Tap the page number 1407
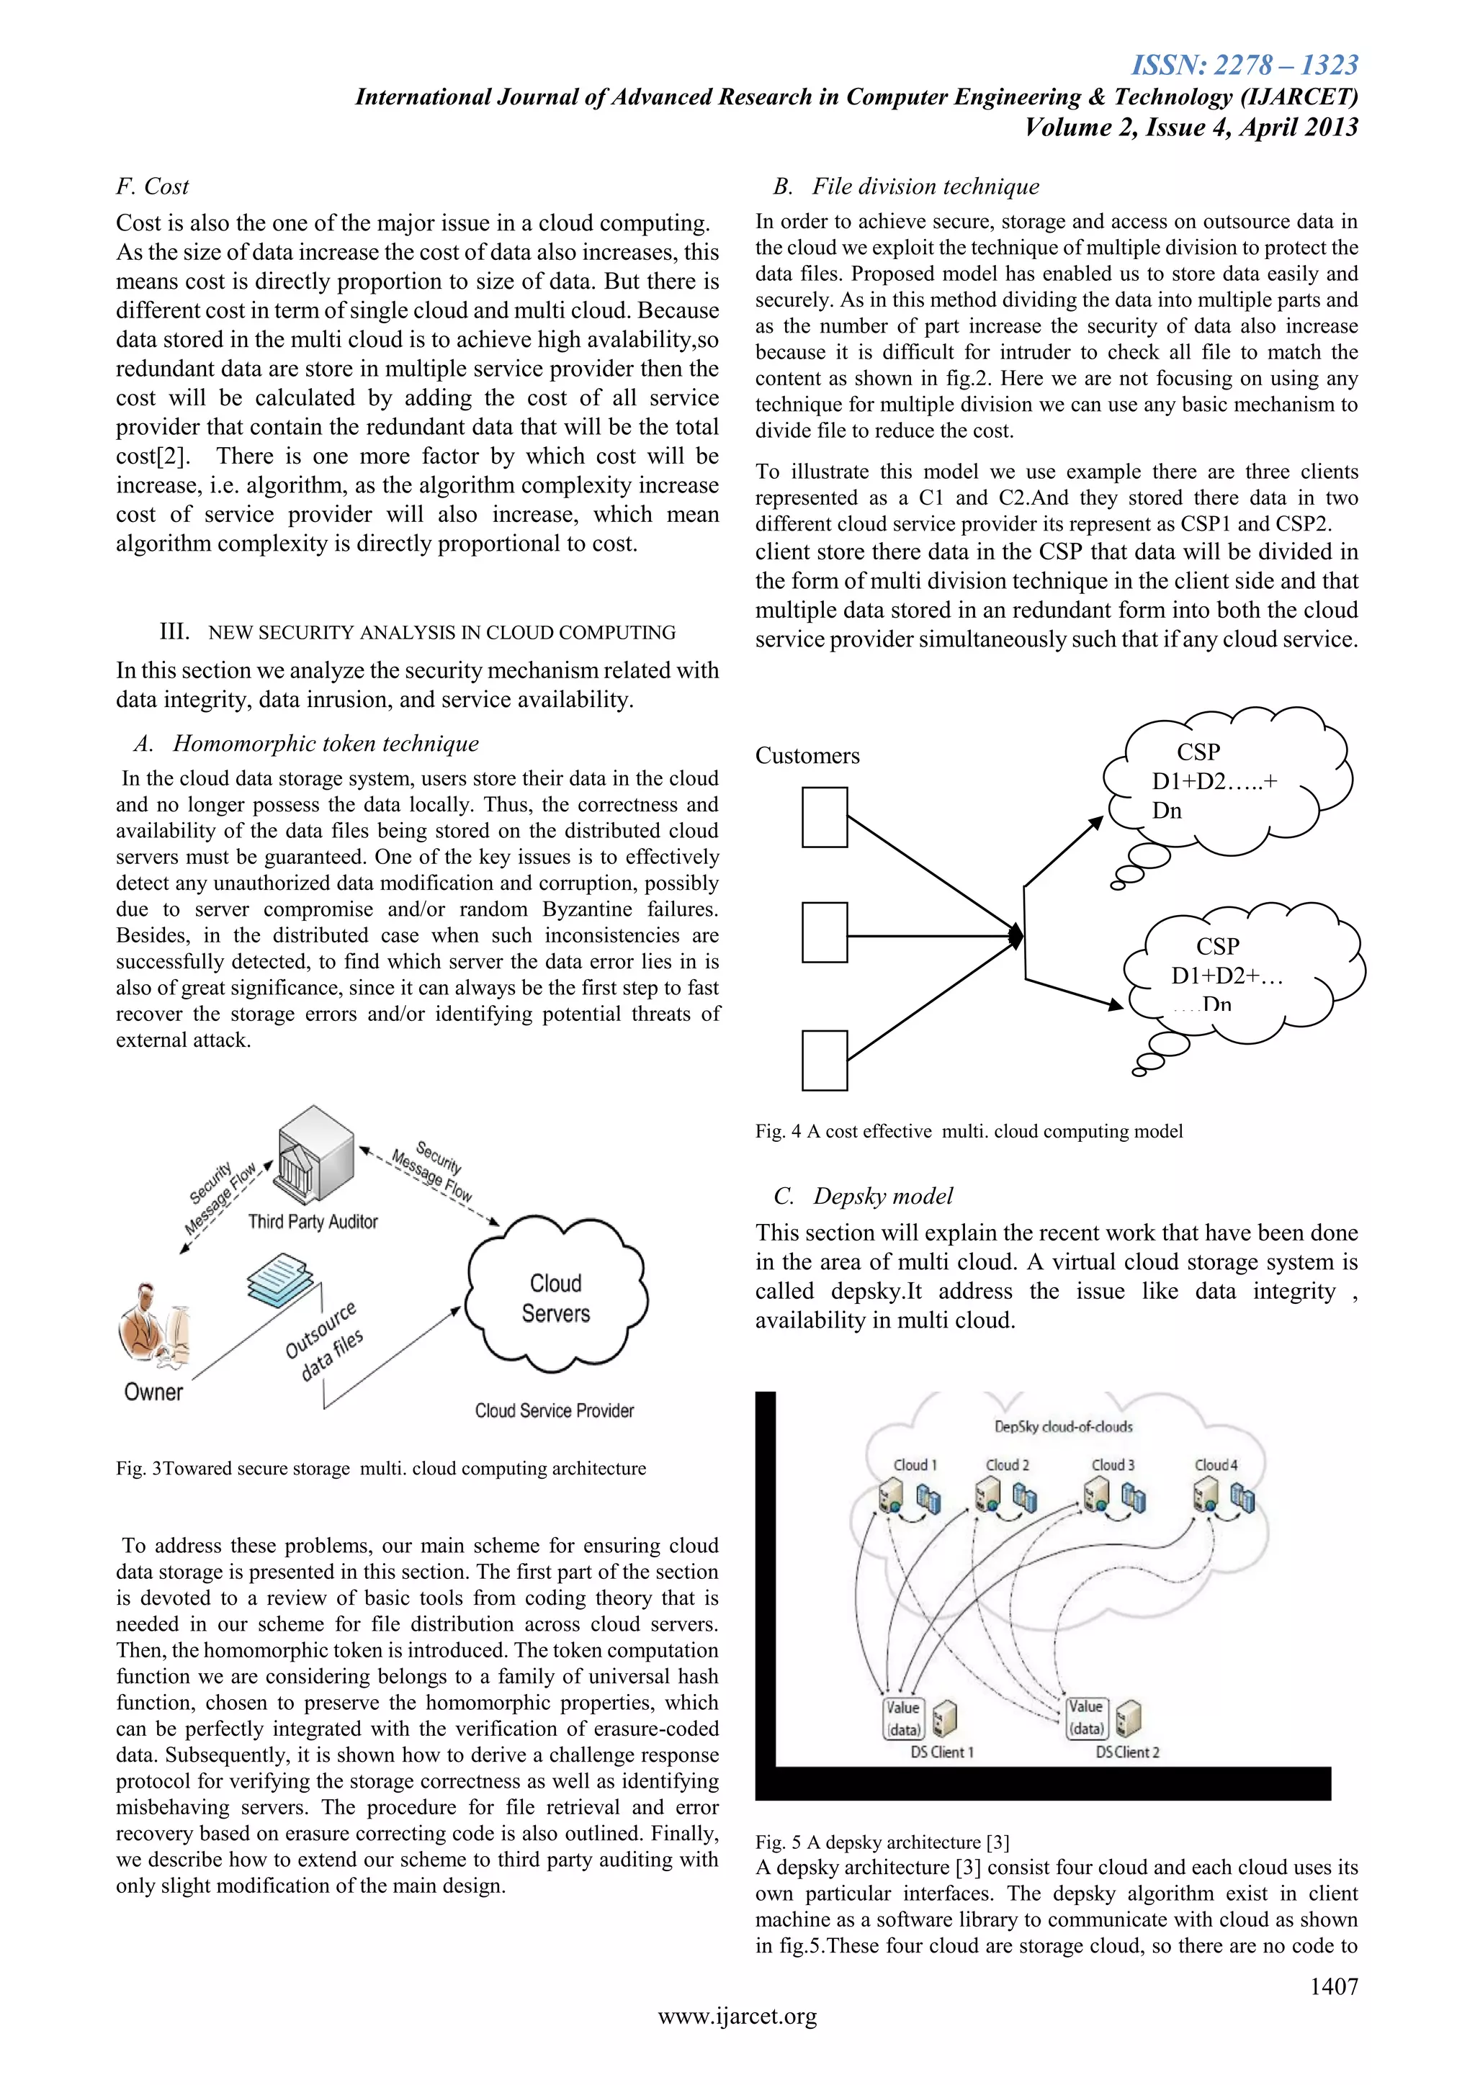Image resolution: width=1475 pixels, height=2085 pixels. point(1332,1986)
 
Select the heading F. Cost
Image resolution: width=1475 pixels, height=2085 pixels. point(152,186)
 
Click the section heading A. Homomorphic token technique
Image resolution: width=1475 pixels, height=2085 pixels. point(306,744)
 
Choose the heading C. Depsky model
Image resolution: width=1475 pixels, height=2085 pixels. point(863,1196)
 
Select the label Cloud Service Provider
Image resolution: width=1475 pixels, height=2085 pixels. point(554,1410)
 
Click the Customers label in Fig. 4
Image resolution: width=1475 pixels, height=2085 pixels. point(807,755)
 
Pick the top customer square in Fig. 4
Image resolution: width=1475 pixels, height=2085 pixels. point(824,817)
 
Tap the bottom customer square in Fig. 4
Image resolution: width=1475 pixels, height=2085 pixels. point(824,1060)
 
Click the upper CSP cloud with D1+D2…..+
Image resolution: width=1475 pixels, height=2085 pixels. point(1226,781)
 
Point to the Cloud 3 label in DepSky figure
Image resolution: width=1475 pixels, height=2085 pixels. point(1113,1465)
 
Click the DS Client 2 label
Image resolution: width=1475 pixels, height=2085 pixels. point(1127,1752)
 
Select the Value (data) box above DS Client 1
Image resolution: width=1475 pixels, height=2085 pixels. point(903,1718)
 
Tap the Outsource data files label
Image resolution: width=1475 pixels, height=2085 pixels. point(323,1341)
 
